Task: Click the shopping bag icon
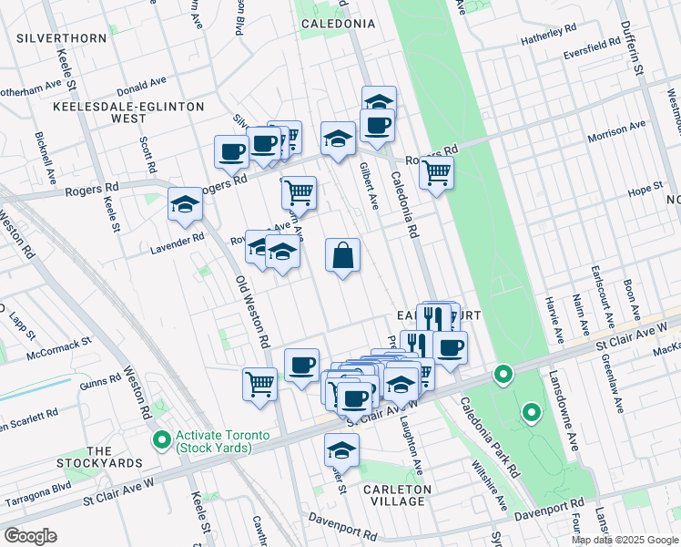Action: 343,257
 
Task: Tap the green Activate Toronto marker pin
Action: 162,441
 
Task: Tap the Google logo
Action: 29,536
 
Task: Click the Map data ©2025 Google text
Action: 625,540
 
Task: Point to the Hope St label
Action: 644,192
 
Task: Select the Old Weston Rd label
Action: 252,312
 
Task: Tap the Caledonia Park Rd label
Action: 489,438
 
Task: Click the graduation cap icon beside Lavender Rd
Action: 185,205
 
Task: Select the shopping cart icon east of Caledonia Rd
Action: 437,170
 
